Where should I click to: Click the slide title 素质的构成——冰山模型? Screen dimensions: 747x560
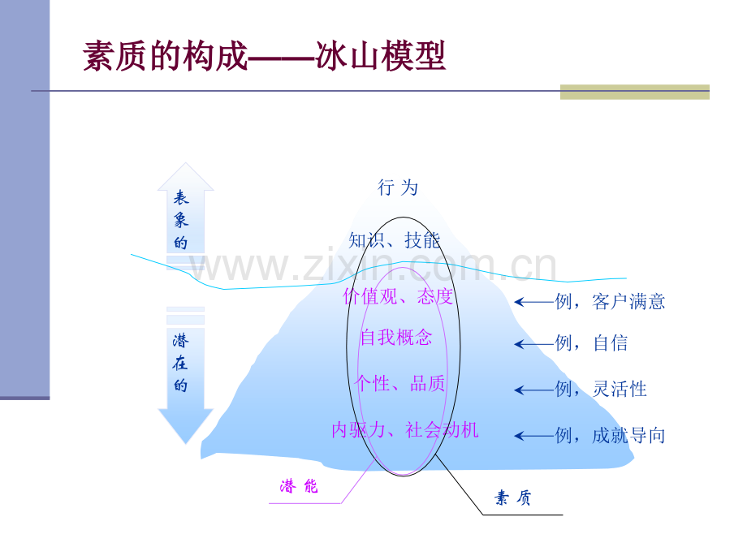pos(265,56)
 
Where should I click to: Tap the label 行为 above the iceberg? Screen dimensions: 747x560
pos(398,187)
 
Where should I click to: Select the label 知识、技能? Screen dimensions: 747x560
pos(394,240)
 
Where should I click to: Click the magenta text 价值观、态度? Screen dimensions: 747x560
pos(398,296)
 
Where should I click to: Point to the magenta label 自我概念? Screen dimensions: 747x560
pos(396,337)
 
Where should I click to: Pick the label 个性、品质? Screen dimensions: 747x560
pos(399,383)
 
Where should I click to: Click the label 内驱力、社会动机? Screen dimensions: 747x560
pos(405,429)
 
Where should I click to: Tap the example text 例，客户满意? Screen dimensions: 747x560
pos(611,301)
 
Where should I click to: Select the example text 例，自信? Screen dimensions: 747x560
pos(592,342)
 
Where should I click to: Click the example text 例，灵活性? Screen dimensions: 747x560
pos(601,389)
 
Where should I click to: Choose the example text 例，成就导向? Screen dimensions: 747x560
pos(611,435)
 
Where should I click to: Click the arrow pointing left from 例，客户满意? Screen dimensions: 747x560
pos(534,302)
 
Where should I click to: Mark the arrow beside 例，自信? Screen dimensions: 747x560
pos(534,344)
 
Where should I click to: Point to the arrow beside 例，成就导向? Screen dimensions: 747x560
pos(534,436)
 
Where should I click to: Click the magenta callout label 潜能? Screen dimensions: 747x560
pos(299,486)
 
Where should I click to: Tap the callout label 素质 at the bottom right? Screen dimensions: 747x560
pos(512,498)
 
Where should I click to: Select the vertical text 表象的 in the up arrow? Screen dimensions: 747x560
pos(181,220)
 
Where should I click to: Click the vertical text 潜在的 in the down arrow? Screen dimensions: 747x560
pos(180,363)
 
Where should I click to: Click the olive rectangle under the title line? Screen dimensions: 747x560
pos(635,92)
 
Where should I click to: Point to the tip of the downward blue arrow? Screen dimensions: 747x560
pos(186,444)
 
